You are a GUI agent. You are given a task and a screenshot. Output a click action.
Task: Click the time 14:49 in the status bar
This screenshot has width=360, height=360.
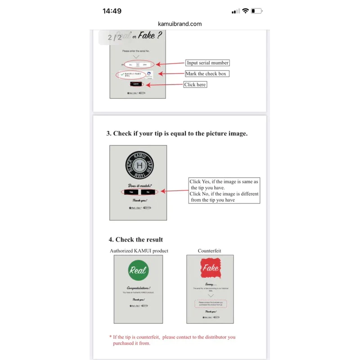coord(112,11)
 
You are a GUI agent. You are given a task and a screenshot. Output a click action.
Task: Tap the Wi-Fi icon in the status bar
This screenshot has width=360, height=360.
coord(245,11)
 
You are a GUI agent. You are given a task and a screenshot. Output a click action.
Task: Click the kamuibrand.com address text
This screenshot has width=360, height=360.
coord(180,24)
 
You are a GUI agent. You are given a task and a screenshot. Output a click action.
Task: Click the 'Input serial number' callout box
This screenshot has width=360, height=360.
coord(207,63)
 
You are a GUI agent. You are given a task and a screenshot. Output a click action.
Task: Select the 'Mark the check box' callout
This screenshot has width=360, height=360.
coord(206,74)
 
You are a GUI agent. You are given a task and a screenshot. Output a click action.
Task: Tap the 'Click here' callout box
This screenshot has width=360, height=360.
coord(195,85)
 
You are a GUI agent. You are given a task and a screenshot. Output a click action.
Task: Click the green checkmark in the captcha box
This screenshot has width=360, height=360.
coord(121,74)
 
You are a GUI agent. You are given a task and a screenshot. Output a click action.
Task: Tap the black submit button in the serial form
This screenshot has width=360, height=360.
coord(137,84)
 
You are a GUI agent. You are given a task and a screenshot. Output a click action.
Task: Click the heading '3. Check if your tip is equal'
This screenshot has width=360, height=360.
coord(177,134)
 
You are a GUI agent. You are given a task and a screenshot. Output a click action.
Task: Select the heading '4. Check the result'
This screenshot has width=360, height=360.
coord(136,239)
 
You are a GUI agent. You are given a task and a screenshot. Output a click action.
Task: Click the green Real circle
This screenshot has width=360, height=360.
coord(138,270)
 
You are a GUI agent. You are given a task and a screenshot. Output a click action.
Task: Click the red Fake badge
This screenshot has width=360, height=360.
coord(210,268)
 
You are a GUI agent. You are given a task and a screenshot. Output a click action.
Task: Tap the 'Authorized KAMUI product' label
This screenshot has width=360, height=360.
coord(139,251)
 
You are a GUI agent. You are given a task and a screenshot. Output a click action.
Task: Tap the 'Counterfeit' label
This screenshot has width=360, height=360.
coord(210,251)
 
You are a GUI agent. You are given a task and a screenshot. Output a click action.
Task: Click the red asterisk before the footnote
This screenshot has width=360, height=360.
coord(111,337)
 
